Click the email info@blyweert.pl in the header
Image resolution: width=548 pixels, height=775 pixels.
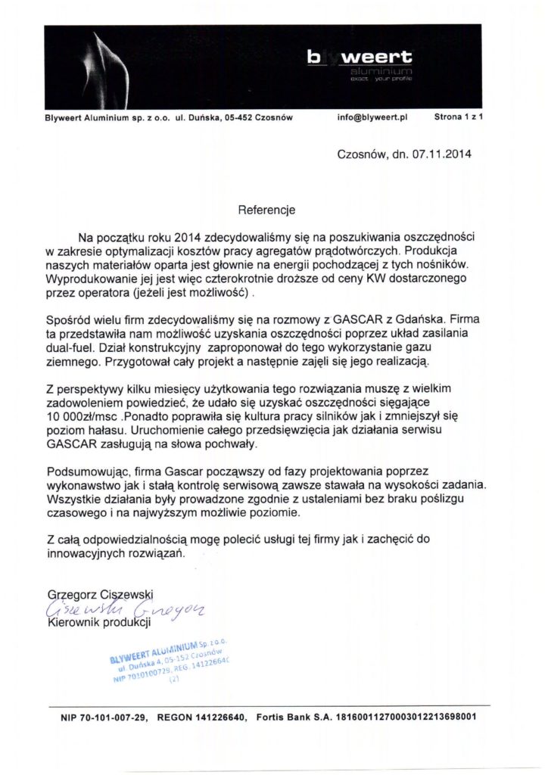point(373,118)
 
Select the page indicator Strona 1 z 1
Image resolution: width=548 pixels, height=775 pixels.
point(459,118)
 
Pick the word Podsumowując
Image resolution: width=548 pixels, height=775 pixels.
point(84,471)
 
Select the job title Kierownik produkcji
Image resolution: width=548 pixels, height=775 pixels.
point(99,623)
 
